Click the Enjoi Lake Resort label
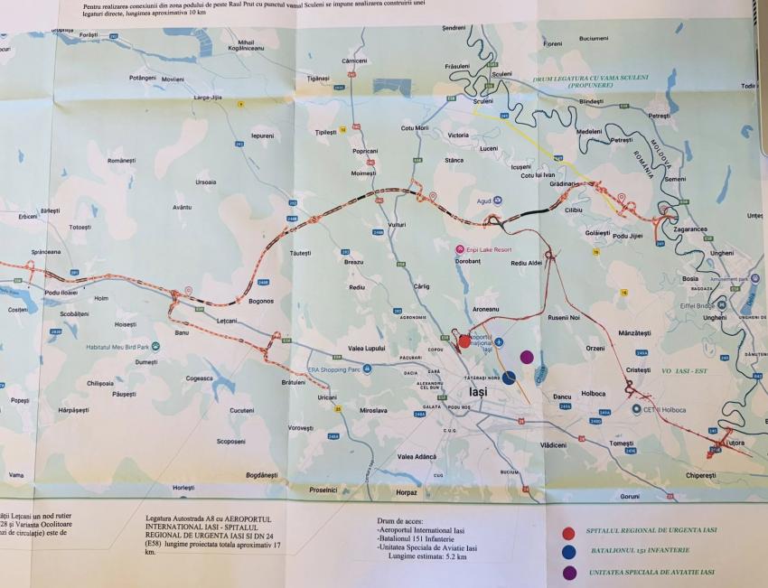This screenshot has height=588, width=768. click(487, 248)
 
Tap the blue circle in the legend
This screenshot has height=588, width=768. click(568, 552)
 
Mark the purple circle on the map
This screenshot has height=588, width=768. click(527, 357)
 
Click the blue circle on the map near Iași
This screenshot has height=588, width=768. click(509, 378)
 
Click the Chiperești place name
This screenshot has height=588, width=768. click(700, 474)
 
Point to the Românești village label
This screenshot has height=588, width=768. click(120, 160)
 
